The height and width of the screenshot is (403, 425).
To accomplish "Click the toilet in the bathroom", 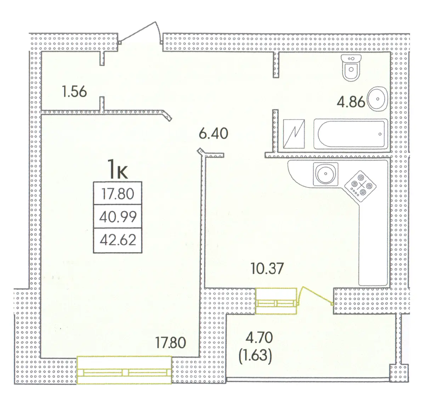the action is tap(351, 68).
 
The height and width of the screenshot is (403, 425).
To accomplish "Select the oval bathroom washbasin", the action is tap(378, 99).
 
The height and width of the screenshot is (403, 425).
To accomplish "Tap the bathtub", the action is tap(351, 134).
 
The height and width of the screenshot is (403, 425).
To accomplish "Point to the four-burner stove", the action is tap(360, 186).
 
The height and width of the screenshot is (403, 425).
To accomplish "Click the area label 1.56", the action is tap(74, 91).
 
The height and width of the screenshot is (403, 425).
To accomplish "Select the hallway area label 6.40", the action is tap(213, 134).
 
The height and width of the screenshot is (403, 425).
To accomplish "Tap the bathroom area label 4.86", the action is tap(351, 102).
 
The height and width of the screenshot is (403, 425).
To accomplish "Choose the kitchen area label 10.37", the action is tap(267, 268).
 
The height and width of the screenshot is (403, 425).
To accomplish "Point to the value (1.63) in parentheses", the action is tap(255, 356).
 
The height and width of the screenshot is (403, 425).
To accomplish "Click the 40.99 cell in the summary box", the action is tap(118, 217).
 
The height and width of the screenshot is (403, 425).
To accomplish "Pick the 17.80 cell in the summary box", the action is tap(118, 194).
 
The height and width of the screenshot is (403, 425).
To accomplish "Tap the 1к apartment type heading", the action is tap(118, 169).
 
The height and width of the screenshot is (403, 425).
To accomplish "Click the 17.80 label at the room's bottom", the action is tap(171, 343).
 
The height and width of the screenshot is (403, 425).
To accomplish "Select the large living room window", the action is tap(124, 372).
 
